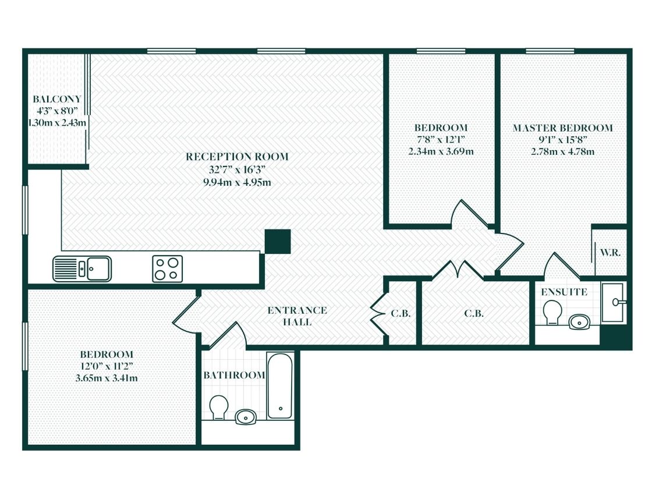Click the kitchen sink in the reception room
tap(82, 268)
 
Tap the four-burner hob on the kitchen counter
tap(167, 268)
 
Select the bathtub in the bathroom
tap(279, 385)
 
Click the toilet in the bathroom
tap(219, 407)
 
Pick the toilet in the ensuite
tap(550, 314)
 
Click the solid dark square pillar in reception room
tap(278, 242)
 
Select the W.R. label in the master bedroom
tap(610, 253)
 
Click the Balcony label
tap(57, 99)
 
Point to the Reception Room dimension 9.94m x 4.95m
tap(237, 182)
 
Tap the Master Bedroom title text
tap(562, 128)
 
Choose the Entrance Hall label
tap(297, 316)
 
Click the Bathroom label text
tap(234, 375)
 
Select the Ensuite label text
tap(564, 292)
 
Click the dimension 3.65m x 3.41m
tap(107, 378)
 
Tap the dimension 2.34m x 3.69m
tap(440, 151)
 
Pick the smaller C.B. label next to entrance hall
tap(401, 313)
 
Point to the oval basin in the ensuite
tap(579, 321)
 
